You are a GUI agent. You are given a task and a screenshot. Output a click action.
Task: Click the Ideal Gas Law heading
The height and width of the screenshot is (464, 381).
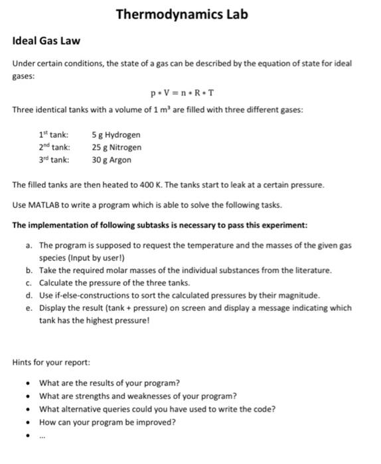46,41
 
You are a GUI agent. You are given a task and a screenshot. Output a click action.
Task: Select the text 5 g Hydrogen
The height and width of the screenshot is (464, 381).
116,135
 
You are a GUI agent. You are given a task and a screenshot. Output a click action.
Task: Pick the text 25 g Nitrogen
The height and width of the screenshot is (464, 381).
117,147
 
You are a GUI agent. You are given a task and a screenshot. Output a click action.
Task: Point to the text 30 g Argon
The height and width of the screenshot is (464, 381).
112,160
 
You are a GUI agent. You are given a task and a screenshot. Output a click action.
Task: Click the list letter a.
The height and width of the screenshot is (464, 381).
29,245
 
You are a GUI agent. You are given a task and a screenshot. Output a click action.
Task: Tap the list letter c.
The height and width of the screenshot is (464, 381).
29,282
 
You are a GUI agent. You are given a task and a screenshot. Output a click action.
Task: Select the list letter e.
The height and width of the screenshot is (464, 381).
29,308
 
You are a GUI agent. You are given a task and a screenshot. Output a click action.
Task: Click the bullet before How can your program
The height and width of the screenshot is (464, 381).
27,422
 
